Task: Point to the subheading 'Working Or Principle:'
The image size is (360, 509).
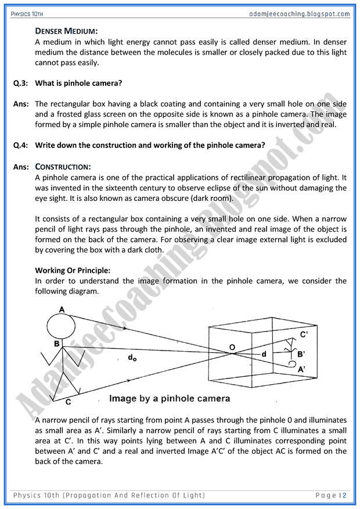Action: click(73, 270)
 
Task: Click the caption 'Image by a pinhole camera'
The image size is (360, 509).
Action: click(170, 399)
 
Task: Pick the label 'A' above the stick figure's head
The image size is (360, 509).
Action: click(62, 309)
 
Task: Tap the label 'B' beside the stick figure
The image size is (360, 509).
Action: click(57, 344)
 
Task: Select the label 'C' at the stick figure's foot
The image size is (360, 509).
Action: click(68, 402)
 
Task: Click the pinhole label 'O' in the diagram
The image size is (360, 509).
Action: click(232, 347)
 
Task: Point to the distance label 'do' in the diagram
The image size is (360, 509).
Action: click(132, 358)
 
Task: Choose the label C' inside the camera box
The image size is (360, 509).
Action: click(303, 334)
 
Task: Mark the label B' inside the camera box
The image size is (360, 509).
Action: click(301, 353)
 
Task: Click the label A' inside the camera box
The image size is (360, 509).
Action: click(301, 369)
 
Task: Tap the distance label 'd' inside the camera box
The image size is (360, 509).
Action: click(264, 354)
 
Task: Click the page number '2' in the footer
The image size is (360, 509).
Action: click(344, 495)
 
